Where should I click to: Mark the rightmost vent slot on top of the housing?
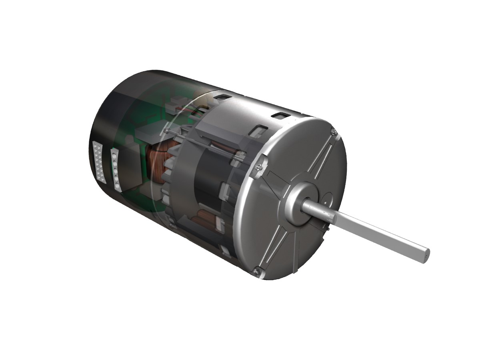point(280,116)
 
